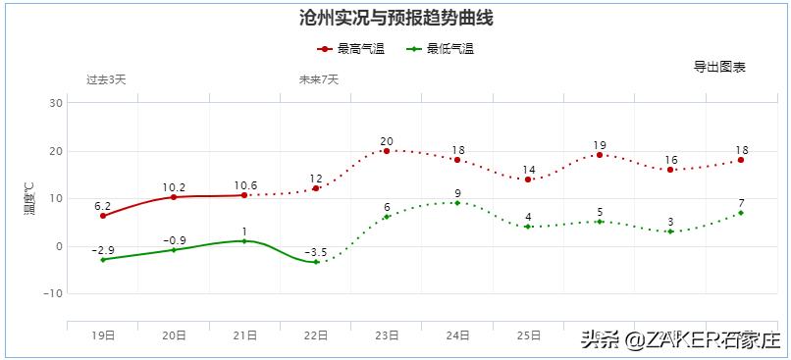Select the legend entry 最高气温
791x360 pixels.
click(347, 49)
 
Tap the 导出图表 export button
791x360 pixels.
click(719, 67)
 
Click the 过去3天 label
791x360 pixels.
click(106, 79)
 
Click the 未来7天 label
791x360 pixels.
click(318, 79)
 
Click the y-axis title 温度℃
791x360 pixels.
click(29, 199)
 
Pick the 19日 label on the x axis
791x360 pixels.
click(102, 335)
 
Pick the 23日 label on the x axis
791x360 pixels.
click(387, 335)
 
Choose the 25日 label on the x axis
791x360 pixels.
click(528, 335)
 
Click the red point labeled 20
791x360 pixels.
click(387, 151)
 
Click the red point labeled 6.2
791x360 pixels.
click(103, 216)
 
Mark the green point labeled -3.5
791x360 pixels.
click(316, 262)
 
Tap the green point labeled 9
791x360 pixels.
click(457, 203)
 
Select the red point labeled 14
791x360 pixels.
click(528, 180)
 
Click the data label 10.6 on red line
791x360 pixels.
click(245, 184)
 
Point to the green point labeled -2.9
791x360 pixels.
click(103, 259)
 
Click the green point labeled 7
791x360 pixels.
click(741, 213)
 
